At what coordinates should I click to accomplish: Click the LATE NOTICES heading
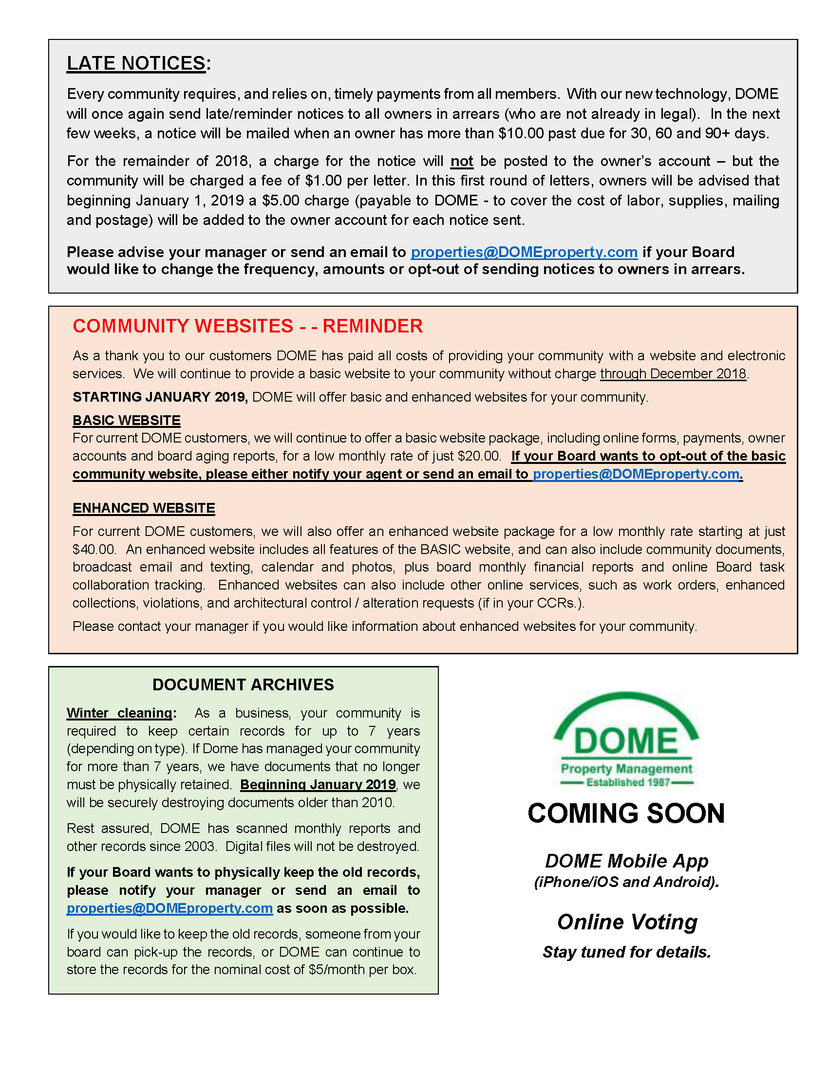[136, 63]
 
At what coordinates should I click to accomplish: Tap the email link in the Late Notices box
[524, 252]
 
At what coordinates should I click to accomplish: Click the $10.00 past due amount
[521, 133]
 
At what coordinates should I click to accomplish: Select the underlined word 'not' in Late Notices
[462, 161]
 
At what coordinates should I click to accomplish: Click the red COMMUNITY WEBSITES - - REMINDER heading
[247, 326]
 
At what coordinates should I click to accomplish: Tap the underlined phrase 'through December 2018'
[673, 374]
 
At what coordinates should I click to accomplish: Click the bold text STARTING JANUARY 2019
[160, 397]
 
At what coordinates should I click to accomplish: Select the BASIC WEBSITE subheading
[127, 420]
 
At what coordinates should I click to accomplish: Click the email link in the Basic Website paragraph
[636, 474]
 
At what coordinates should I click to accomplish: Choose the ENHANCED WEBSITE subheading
[144, 508]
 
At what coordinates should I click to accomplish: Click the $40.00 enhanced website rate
[94, 549]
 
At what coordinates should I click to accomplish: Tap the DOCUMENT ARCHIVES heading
[243, 684]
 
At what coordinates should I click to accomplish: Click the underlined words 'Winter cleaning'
[119, 713]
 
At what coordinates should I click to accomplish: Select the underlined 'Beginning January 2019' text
[318, 785]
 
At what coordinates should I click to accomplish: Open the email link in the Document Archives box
[169, 908]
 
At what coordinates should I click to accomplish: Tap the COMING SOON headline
[626, 813]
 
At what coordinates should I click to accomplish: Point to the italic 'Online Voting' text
[627, 922]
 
